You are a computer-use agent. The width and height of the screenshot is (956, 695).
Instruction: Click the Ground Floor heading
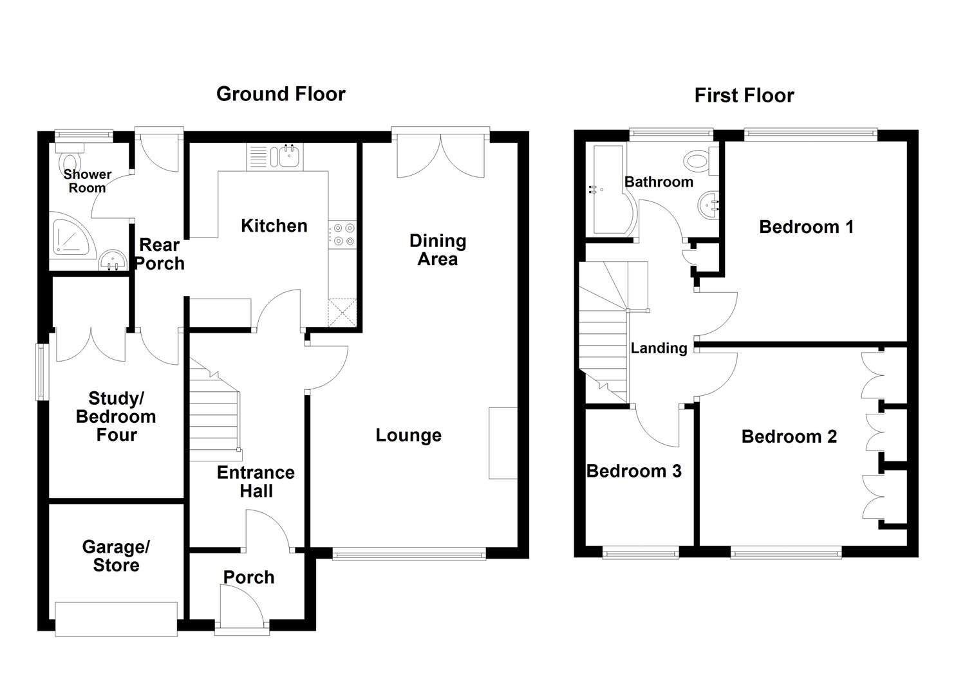(281, 94)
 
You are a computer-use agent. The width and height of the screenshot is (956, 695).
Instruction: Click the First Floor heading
(744, 96)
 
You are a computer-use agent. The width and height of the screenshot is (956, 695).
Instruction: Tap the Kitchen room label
(274, 226)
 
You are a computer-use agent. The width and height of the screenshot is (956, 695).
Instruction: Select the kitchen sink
(289, 156)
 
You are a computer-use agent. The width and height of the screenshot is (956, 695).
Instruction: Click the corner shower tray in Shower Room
(71, 236)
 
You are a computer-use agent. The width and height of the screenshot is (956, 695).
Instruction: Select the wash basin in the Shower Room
(113, 261)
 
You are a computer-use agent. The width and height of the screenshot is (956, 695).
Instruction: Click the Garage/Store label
(116, 556)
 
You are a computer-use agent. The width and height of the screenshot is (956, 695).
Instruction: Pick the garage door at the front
(116, 619)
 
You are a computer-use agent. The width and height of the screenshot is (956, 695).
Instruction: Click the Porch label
(248, 577)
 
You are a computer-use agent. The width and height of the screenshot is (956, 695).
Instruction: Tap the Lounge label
(408, 436)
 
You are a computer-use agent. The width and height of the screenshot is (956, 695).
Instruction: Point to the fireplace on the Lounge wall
(503, 443)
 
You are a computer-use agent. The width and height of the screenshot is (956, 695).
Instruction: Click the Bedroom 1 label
(806, 227)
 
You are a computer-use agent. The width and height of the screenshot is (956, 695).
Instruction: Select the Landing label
(659, 349)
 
